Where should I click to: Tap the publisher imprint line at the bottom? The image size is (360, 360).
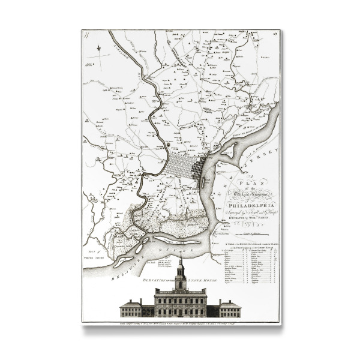tap(181, 323)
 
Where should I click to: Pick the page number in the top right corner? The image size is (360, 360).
tap(275, 35)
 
